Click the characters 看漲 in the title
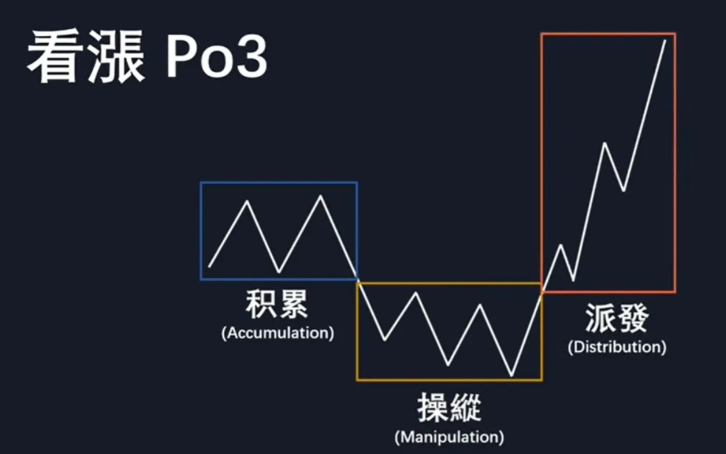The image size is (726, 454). pos(85,58)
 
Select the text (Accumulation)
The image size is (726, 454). pos(277,333)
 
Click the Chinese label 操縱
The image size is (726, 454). pos(449,407)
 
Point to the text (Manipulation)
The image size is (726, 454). pos(449,436)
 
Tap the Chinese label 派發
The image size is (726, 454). pos(617,318)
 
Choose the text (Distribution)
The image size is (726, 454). pos(617,347)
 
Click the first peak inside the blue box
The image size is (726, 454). pos(247,201)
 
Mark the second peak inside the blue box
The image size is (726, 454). pos(321,196)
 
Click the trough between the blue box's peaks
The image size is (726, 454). pos(279,272)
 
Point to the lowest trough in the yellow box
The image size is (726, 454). pos(512,375)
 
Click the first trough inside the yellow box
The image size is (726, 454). pos(384,340)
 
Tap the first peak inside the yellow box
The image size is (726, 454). pos(417,293)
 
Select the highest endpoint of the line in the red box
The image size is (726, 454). pos(665,40)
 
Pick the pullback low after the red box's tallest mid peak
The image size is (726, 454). pos(623,191)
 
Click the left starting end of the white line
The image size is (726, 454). pos(209,266)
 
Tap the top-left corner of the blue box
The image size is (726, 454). pos(201,183)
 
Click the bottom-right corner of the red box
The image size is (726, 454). pos(674,292)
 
